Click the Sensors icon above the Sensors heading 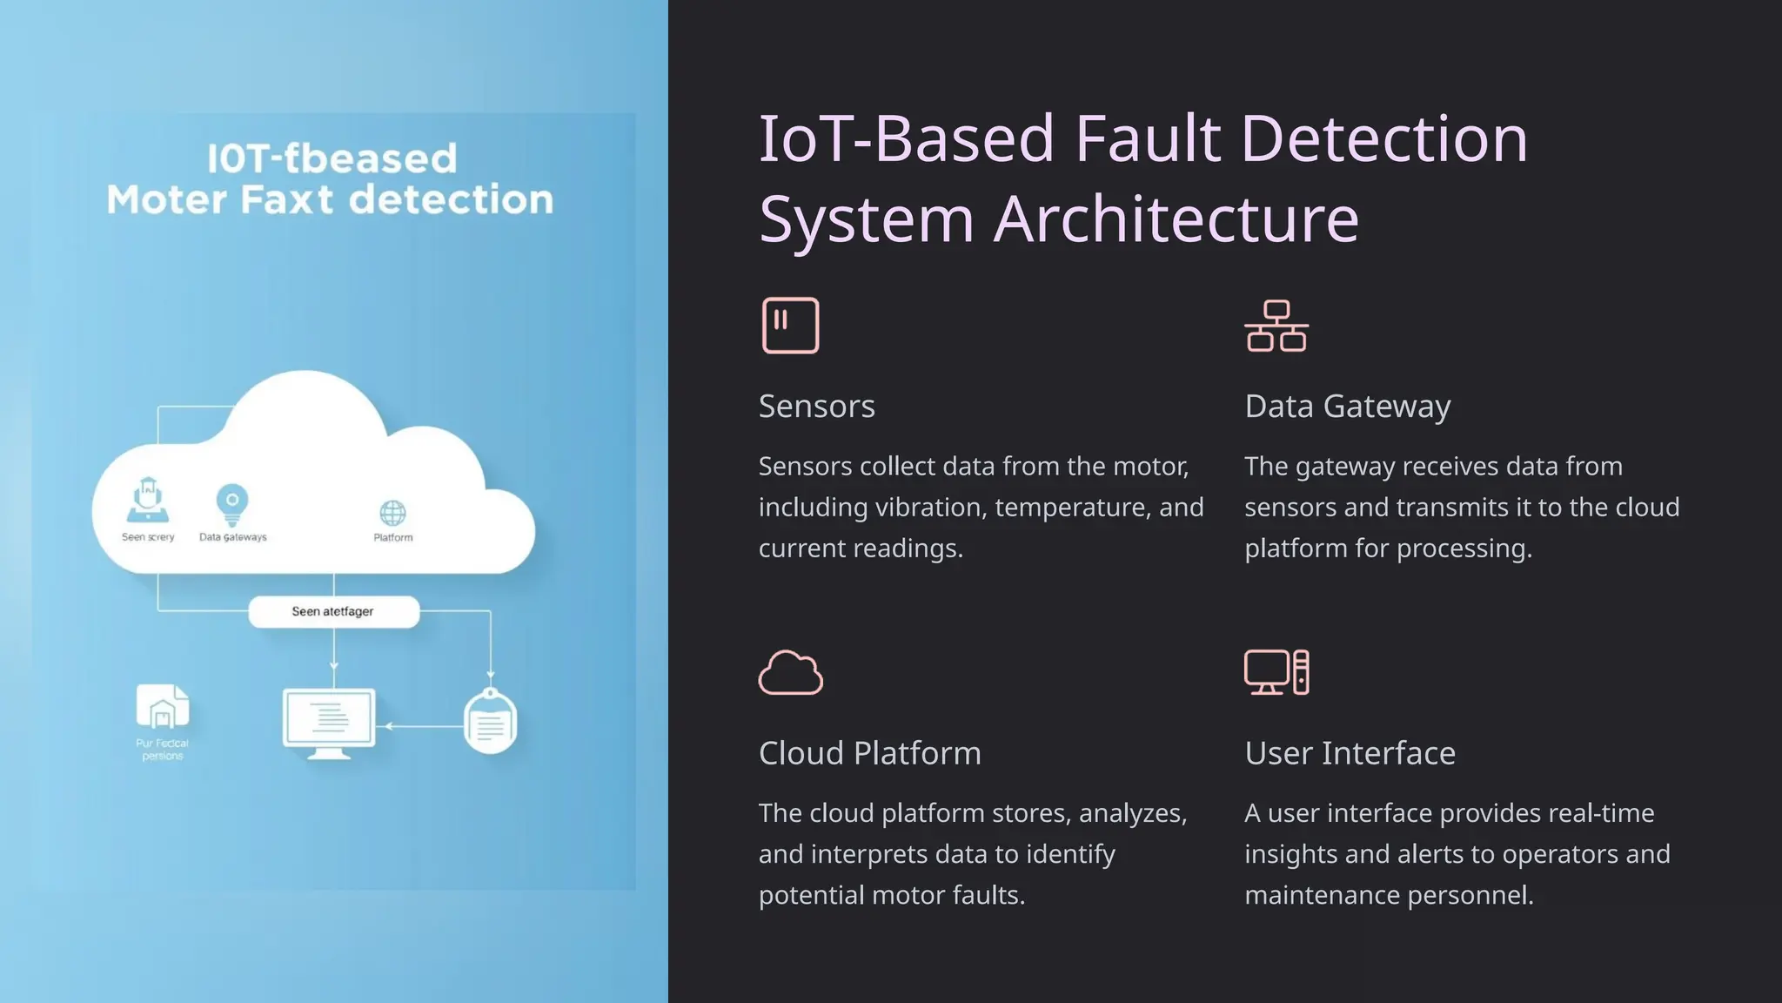[790, 326]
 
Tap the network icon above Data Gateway [1276, 326]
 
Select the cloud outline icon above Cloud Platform [790, 672]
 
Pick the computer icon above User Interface [1276, 672]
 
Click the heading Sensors [816, 407]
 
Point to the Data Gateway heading [1347, 407]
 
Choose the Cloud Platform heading [869, 753]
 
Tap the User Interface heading [1350, 753]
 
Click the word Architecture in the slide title [1176, 219]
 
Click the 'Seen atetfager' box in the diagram [333, 611]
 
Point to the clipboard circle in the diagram [490, 722]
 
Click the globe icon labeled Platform [392, 513]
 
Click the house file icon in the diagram [163, 707]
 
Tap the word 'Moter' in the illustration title [166, 200]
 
